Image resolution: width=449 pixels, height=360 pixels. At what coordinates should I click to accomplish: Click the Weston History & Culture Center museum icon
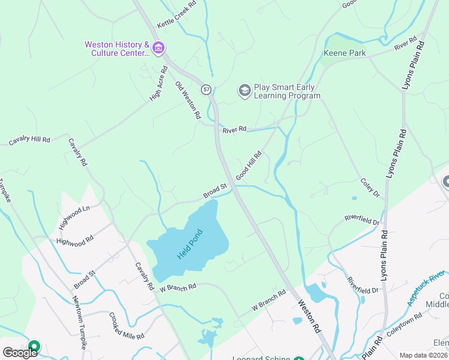click(x=158, y=48)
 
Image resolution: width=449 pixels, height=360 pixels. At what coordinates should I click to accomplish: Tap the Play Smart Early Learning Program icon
click(x=244, y=91)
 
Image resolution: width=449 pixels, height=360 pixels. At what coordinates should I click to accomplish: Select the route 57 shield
click(x=206, y=89)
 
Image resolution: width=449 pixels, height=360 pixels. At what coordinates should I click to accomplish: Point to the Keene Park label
click(x=345, y=53)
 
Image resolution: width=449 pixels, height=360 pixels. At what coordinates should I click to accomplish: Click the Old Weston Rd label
click(x=187, y=101)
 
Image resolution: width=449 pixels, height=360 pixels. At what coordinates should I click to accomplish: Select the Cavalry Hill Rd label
click(x=29, y=140)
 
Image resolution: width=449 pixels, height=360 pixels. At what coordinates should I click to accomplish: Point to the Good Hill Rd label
click(x=249, y=165)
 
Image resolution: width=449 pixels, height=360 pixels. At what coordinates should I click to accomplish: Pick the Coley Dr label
click(x=370, y=187)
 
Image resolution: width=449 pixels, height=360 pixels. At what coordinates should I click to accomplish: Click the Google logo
click(x=20, y=353)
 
